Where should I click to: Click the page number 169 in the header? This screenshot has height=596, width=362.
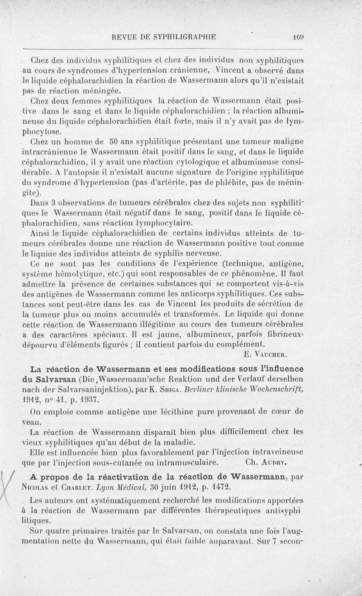click(x=298, y=38)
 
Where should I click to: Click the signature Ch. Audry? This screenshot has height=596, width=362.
click(x=267, y=462)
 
